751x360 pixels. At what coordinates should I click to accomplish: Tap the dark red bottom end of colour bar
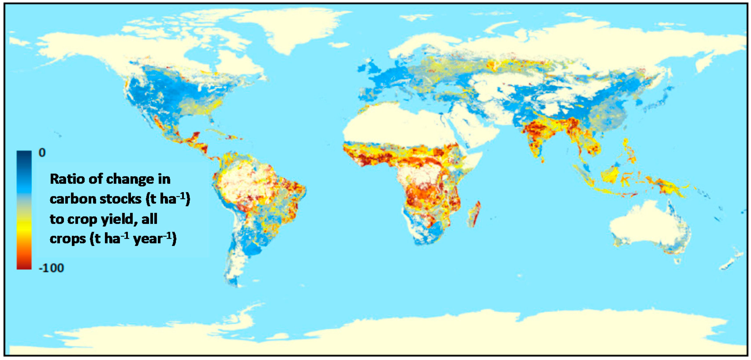coord(24,265)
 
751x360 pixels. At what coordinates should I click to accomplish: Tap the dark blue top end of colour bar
coord(24,155)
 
